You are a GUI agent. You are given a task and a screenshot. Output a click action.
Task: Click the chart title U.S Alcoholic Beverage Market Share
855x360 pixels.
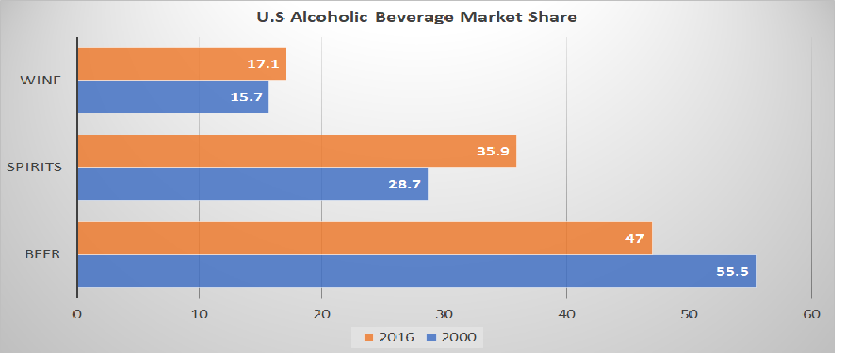tap(417, 17)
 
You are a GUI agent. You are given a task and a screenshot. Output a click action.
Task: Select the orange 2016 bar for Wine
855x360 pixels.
tap(181, 64)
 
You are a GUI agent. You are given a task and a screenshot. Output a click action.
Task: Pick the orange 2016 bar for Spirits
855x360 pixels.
tap(297, 151)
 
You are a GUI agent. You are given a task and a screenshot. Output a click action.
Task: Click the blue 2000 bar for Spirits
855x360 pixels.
tap(252, 184)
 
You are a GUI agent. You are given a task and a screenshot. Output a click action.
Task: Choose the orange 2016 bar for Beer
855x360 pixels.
tap(365, 238)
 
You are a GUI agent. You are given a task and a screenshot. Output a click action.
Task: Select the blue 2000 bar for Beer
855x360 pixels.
tap(416, 271)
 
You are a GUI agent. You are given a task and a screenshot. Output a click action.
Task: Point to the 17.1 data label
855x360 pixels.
tap(263, 64)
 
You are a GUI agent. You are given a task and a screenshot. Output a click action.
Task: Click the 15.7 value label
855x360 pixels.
tap(246, 97)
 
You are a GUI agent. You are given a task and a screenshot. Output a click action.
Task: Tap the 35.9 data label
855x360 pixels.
tap(493, 151)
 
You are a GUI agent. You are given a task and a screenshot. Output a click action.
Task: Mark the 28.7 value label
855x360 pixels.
tap(404, 184)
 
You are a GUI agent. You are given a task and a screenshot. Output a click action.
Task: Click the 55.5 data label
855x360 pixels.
tap(732, 271)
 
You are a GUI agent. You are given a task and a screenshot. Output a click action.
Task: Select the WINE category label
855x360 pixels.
tap(41, 81)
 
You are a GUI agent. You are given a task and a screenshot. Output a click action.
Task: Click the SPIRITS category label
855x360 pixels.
tap(34, 167)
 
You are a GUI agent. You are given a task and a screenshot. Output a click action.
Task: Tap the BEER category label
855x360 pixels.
tap(42, 255)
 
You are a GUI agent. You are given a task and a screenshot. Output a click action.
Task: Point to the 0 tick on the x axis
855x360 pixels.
tap(77, 314)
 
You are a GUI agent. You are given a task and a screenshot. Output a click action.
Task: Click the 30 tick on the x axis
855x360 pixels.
tap(444, 314)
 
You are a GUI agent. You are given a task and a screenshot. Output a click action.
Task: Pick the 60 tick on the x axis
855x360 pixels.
tap(811, 314)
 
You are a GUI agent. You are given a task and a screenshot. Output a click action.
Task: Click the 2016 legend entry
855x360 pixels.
tap(390, 337)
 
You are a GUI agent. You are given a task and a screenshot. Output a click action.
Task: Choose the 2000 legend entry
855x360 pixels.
tap(452, 337)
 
